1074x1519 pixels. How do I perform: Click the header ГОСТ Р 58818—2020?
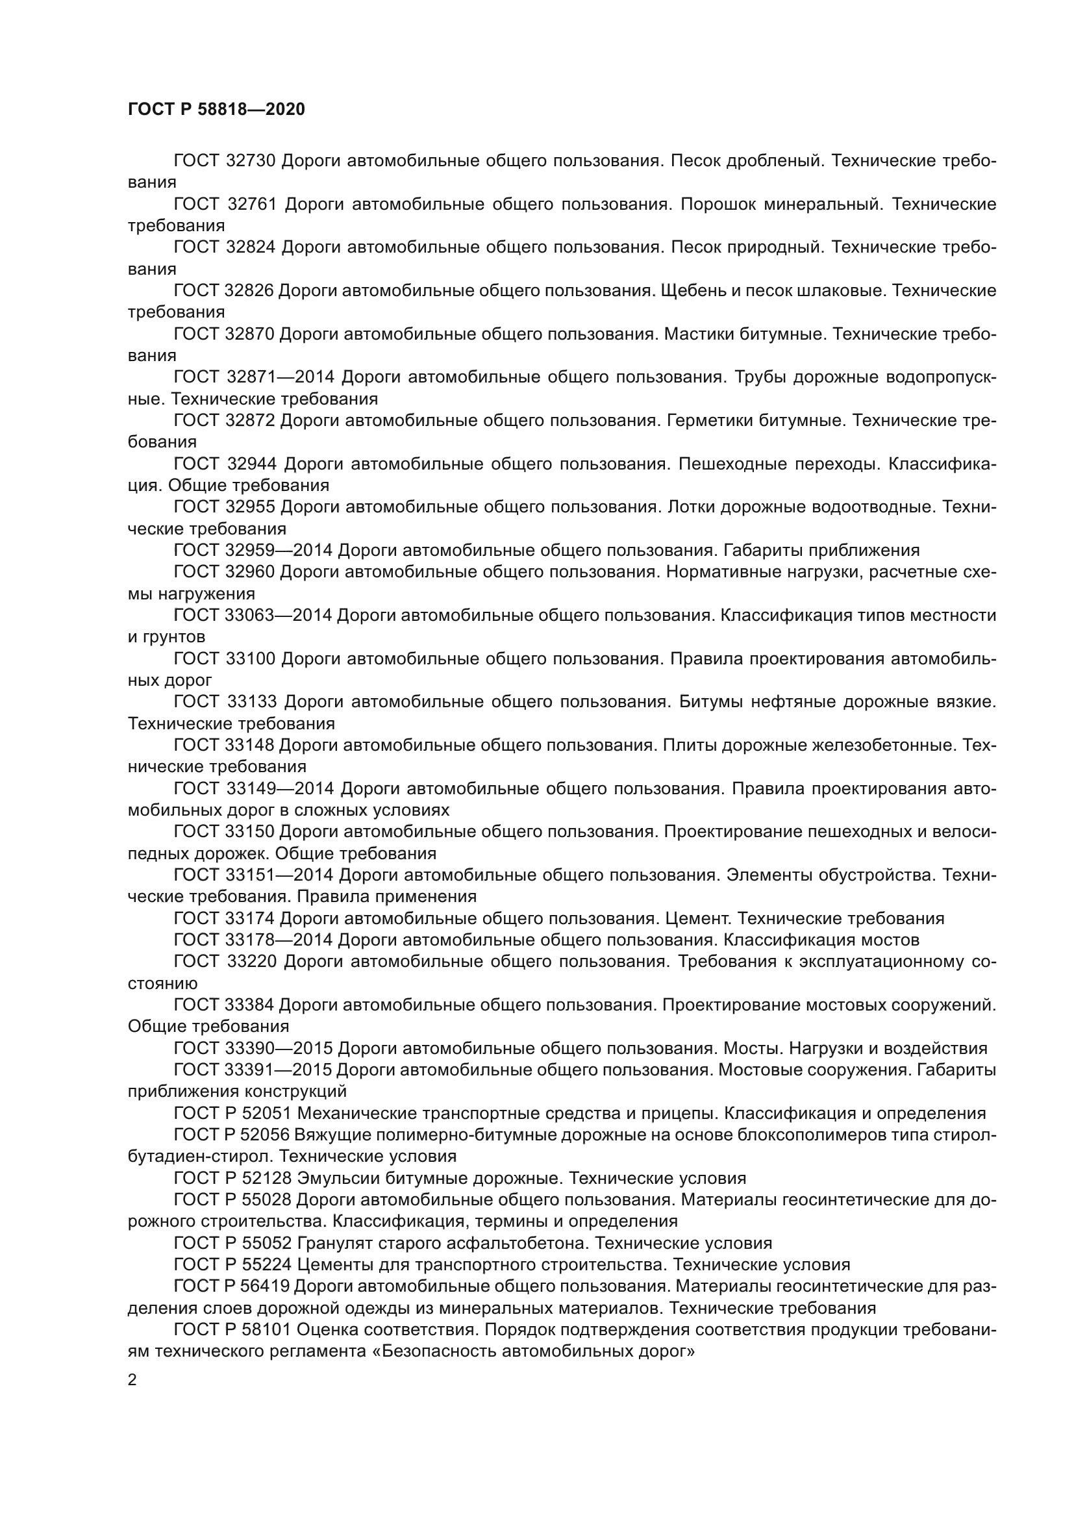216,109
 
